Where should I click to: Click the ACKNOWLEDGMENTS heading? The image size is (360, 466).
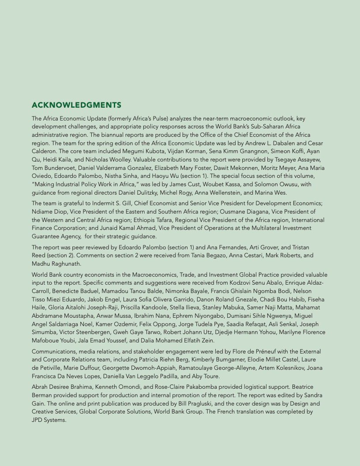(x=76, y=105)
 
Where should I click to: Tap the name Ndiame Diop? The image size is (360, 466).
(x=50, y=211)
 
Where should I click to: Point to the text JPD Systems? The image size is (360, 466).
(x=49, y=420)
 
